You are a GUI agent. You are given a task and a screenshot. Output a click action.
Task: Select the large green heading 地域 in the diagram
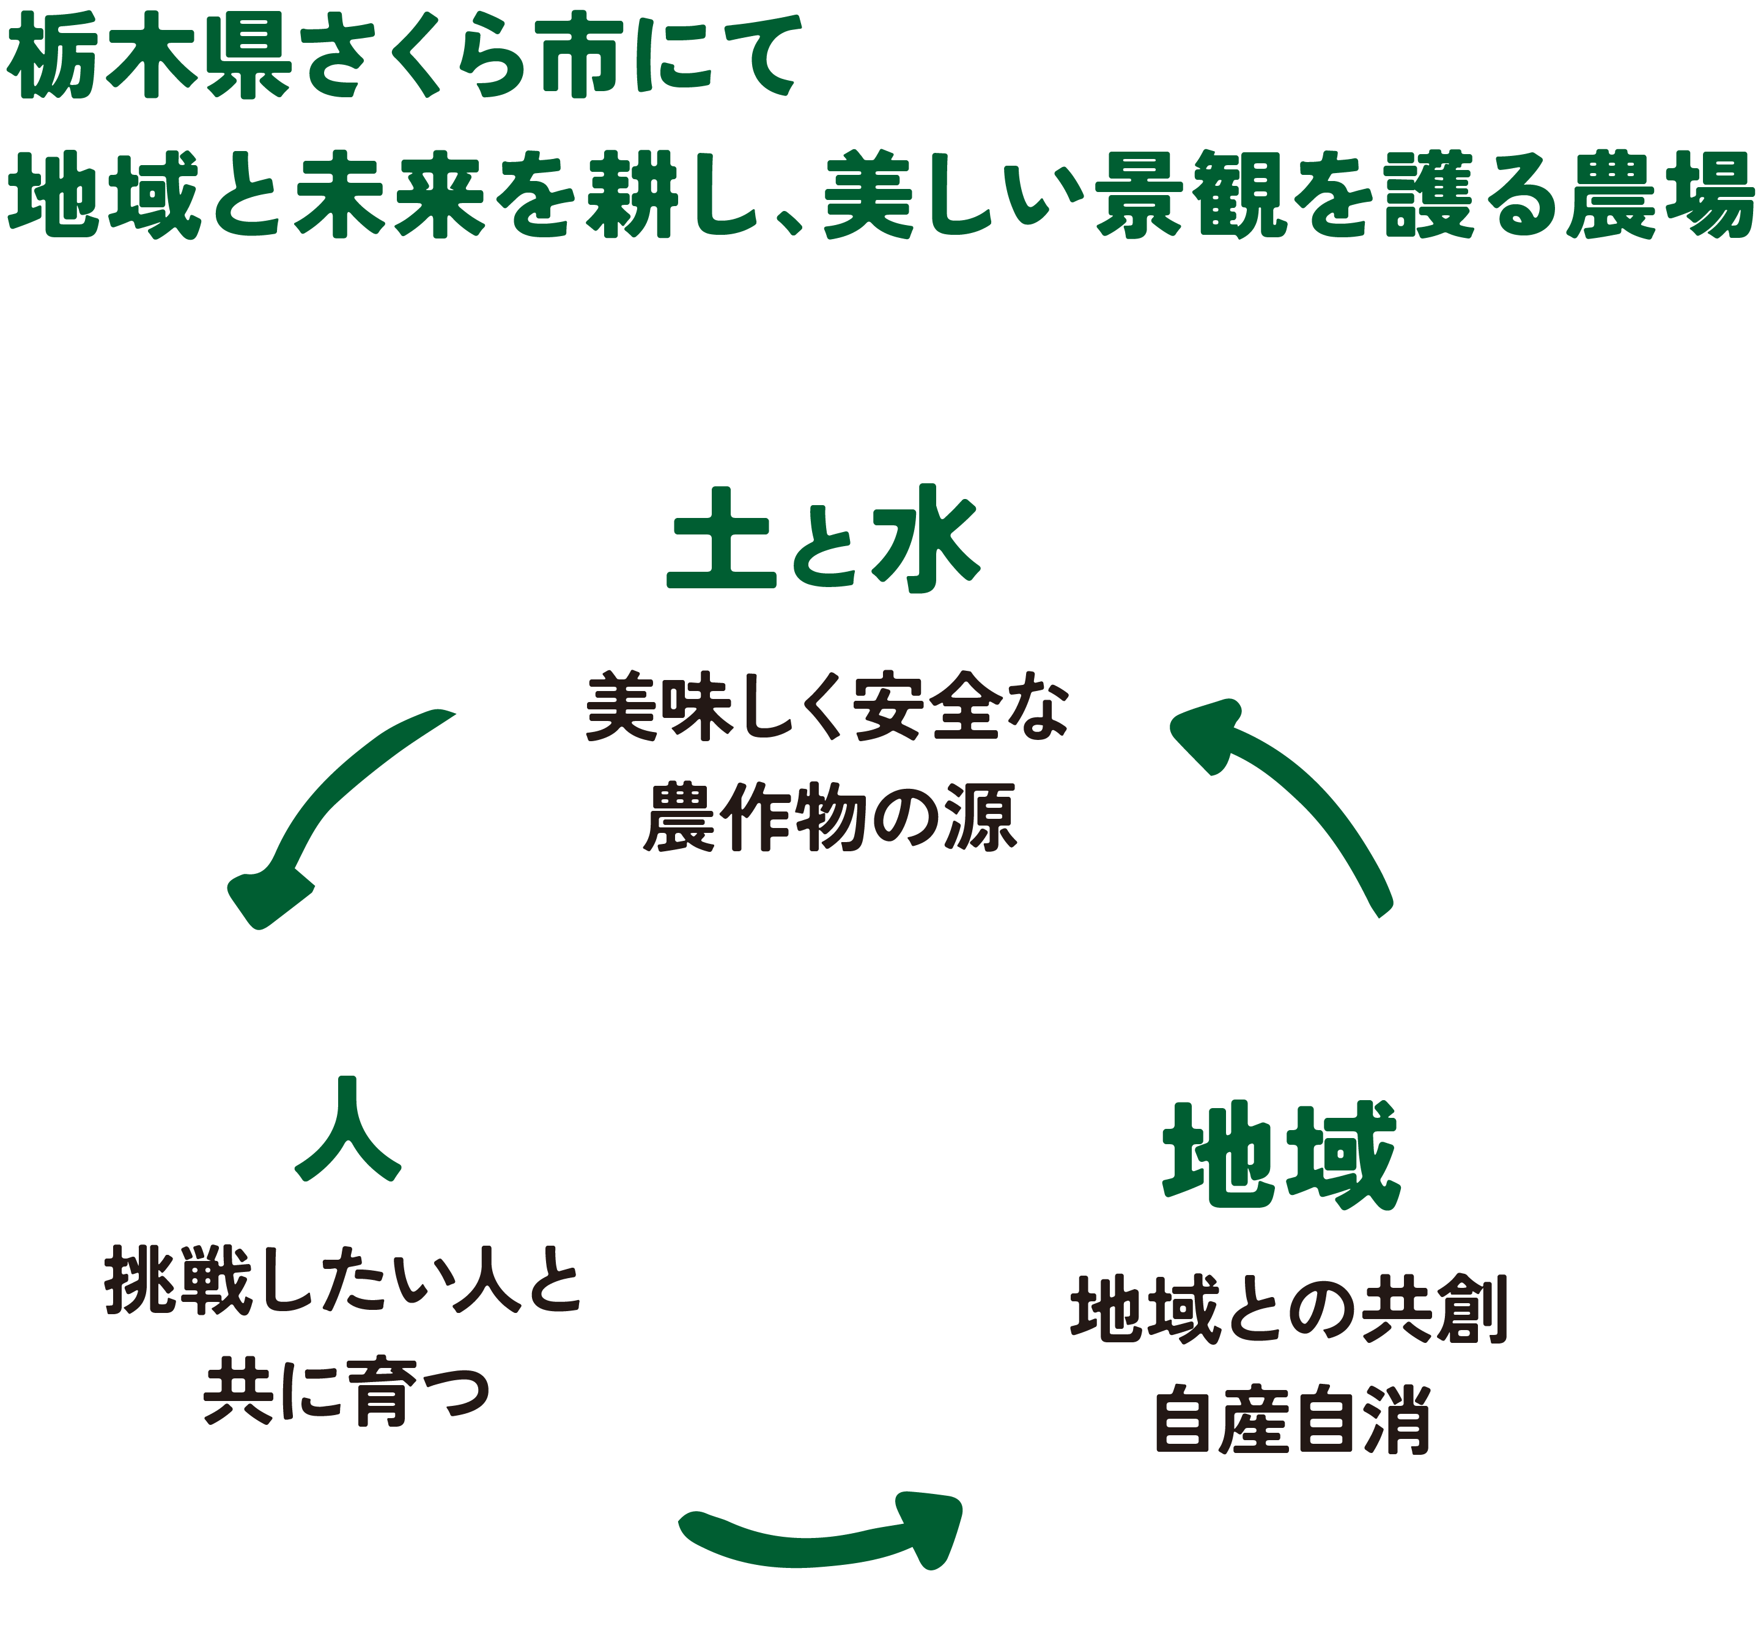click(1280, 1155)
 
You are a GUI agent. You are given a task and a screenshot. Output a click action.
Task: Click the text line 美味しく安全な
click(827, 708)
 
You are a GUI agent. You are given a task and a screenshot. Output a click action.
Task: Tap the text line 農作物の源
click(830, 818)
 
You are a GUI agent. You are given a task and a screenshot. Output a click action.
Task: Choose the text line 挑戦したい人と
click(343, 1281)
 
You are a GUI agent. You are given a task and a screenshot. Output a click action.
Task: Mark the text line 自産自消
click(1291, 1419)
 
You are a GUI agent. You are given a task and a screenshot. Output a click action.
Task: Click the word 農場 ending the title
click(1659, 194)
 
